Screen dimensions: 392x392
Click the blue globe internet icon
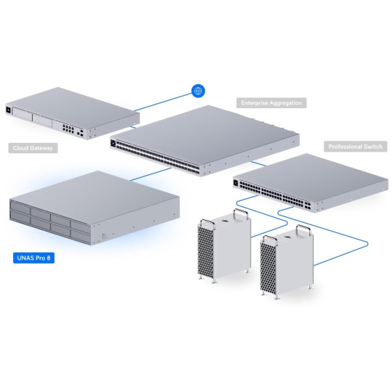pyautogui.click(x=198, y=91)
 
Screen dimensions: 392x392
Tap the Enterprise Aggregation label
pyautogui.click(x=271, y=103)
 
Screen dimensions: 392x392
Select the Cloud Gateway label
pyautogui.click(x=33, y=148)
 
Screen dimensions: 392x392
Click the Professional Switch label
pyautogui.click(x=356, y=147)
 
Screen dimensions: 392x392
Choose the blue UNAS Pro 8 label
pyautogui.click(x=33, y=258)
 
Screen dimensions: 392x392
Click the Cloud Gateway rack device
pyautogui.click(x=73, y=113)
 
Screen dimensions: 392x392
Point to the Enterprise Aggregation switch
pyautogui.click(x=205, y=141)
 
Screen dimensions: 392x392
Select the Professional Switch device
pyautogui.click(x=311, y=183)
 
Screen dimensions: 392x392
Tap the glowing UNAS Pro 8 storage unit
pyautogui.click(x=94, y=208)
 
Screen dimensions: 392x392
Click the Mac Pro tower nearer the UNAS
pyautogui.click(x=224, y=246)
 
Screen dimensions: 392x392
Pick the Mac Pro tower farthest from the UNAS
pyautogui.click(x=287, y=262)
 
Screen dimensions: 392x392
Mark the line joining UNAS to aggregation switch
pyautogui.click(x=151, y=174)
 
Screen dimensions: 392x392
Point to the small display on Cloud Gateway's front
pyautogui.click(x=8, y=110)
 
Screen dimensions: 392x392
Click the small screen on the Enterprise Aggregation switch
pyautogui.click(x=113, y=143)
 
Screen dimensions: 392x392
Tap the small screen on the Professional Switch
pyautogui.click(x=235, y=183)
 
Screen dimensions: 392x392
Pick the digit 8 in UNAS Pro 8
pyautogui.click(x=48, y=258)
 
